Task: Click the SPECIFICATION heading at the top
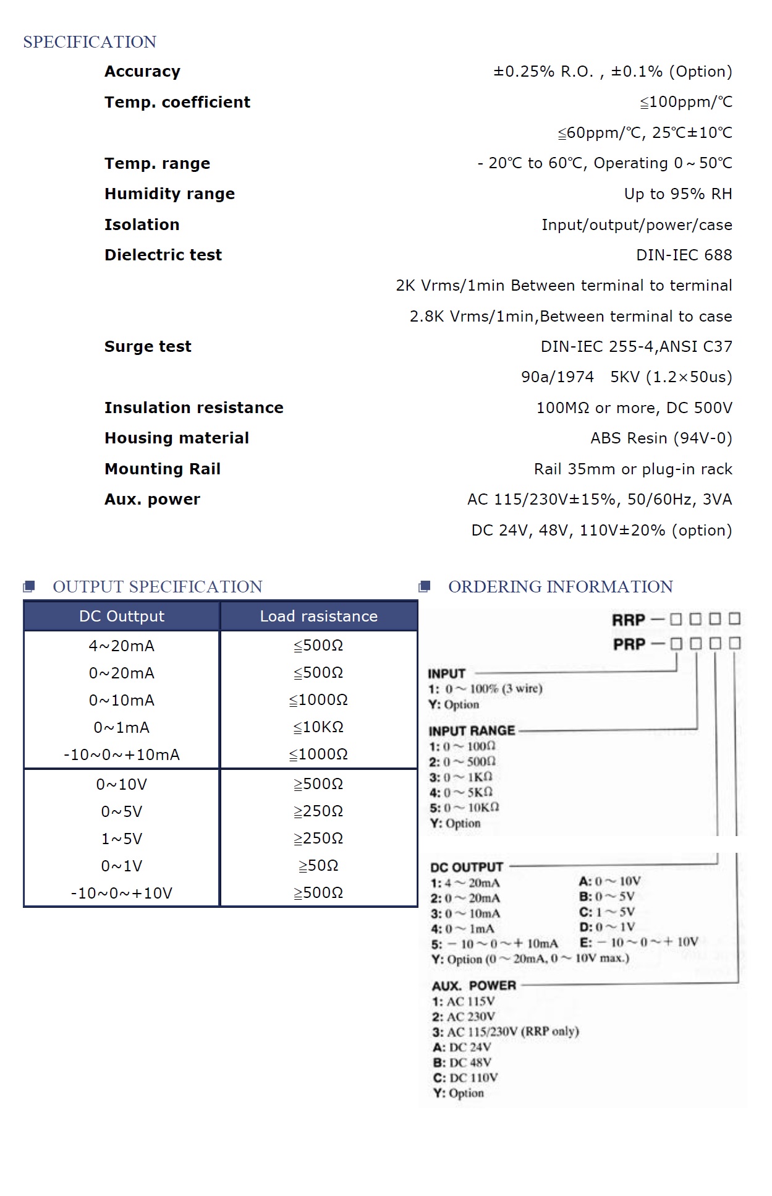[x=90, y=42]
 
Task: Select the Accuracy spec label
[x=142, y=72]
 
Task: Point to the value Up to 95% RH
[x=677, y=194]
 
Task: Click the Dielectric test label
[x=163, y=255]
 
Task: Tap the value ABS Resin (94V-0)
[x=661, y=438]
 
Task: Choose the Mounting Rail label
[x=162, y=469]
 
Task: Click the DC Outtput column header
[x=122, y=616]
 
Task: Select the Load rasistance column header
[x=318, y=616]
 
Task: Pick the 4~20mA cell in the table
[x=122, y=646]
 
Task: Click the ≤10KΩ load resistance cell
[x=318, y=727]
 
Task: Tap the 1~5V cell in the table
[x=122, y=839]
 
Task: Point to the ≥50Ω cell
[x=318, y=866]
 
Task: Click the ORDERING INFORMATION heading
[x=560, y=586]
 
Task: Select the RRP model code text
[x=628, y=620]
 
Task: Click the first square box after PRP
[x=676, y=644]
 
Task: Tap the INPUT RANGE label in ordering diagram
[x=472, y=730]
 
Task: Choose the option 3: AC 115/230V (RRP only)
[x=506, y=1032]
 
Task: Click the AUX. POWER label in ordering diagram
[x=473, y=985]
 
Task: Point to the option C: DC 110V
[x=465, y=1077]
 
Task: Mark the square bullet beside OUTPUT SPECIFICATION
[x=29, y=586]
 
